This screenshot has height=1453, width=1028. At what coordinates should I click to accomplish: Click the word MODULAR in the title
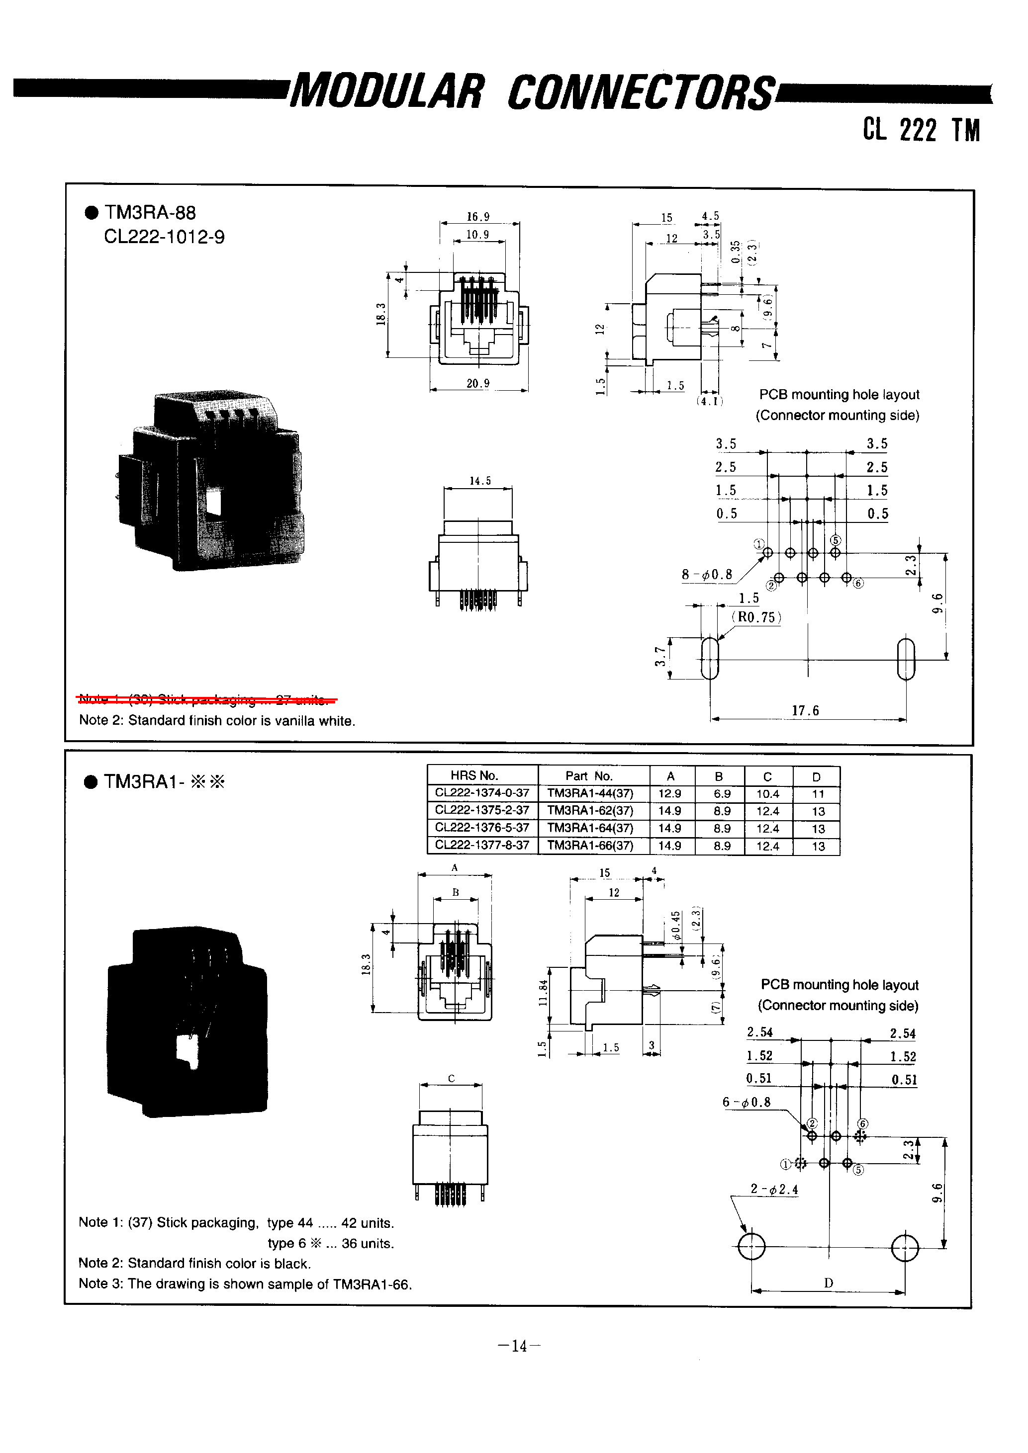pos(387,92)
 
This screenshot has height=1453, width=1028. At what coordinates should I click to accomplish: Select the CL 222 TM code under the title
pos(921,130)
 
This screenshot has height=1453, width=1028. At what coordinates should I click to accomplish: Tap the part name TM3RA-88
pos(150,213)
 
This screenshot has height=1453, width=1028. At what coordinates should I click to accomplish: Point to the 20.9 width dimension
pos(478,383)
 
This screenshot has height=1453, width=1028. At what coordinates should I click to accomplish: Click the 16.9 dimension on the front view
pos(478,217)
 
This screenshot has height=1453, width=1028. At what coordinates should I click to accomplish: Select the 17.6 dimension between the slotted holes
pos(805,711)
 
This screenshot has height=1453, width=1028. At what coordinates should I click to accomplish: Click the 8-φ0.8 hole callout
pos(707,575)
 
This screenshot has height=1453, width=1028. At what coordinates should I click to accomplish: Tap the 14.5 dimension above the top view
pos(480,481)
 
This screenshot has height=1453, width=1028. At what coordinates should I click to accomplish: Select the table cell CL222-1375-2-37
pos(482,811)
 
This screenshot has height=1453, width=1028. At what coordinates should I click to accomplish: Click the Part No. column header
pos(589,776)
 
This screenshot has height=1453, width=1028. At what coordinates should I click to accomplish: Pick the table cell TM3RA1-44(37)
pos(590,793)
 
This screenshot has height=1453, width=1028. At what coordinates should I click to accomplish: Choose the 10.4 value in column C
pos(767,793)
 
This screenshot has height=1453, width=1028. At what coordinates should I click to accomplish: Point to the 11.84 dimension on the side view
pos(543,993)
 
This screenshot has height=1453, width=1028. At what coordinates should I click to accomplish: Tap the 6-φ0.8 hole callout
pos(747,1103)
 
